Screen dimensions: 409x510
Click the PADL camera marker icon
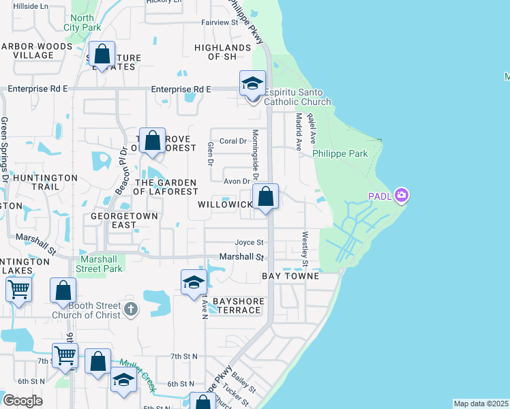coord(402,196)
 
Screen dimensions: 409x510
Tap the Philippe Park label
coord(340,153)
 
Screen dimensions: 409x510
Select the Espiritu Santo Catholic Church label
coord(288,97)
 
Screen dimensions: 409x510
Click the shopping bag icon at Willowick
coord(266,197)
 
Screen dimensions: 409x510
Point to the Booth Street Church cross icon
coord(132,310)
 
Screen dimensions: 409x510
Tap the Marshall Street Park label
coord(102,264)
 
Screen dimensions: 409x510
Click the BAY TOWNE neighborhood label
coord(290,276)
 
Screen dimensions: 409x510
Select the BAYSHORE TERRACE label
coord(237,305)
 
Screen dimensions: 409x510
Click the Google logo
coord(22,400)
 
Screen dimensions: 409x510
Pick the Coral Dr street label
coord(232,141)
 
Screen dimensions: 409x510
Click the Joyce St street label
coord(249,242)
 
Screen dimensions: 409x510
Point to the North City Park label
coord(82,22)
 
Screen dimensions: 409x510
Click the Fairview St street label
coord(218,22)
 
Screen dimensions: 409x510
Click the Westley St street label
coord(305,249)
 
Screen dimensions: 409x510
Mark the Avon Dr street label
coord(237,181)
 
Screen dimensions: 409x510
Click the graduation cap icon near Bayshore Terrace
coord(194,282)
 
